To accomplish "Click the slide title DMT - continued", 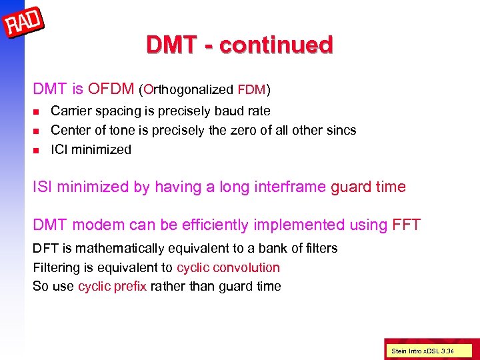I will [239, 45].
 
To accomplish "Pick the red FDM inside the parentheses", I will [251, 89].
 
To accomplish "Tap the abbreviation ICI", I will [59, 149].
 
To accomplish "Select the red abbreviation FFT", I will [407, 225].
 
